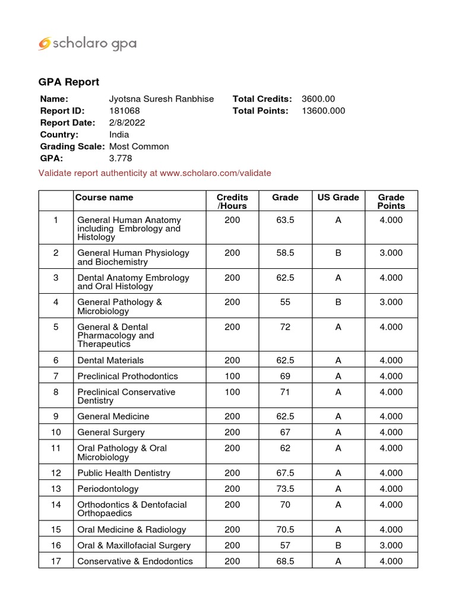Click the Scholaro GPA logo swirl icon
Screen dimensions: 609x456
[45, 43]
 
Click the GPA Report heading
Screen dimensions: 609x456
[69, 82]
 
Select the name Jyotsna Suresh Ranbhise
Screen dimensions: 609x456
[161, 99]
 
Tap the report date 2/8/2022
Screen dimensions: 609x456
[127, 123]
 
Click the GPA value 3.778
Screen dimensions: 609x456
[121, 158]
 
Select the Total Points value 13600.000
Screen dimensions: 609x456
[323, 111]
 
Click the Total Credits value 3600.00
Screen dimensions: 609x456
[318, 99]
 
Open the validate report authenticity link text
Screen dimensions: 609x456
[155, 173]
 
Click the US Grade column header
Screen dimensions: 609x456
[338, 197]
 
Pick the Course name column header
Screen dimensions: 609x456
[104, 197]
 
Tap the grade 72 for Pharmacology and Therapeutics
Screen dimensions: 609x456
[285, 327]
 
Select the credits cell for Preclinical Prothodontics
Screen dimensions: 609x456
[233, 376]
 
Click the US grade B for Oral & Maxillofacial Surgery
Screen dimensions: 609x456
[338, 545]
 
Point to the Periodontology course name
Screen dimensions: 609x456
[108, 489]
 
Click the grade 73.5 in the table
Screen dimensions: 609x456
[285, 489]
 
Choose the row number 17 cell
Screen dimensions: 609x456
[56, 561]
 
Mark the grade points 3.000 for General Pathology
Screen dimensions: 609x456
[391, 302]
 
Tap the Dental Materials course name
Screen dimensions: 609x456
[110, 360]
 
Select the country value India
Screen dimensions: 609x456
[119, 134]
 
